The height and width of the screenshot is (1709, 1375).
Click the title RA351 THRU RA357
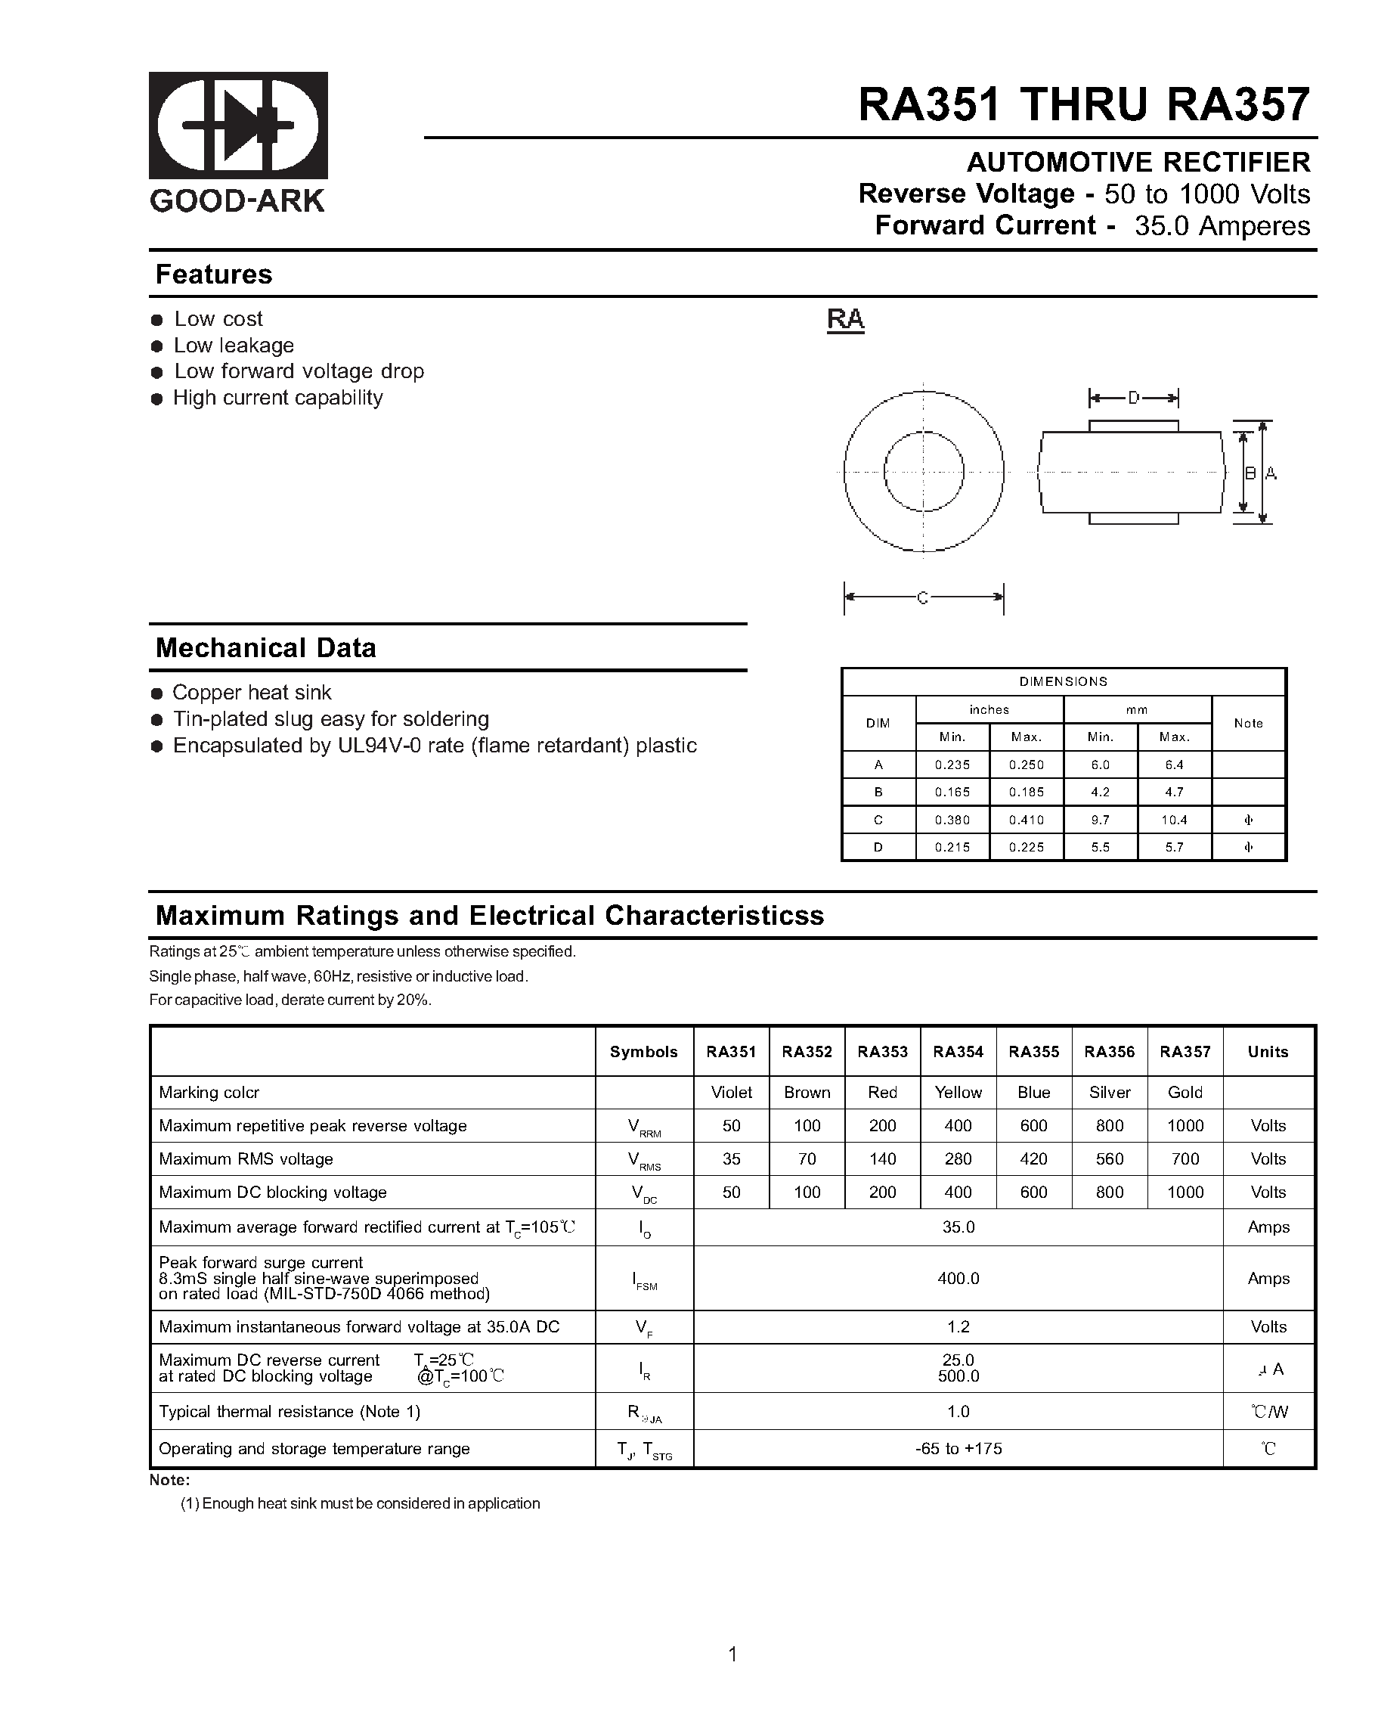[1083, 104]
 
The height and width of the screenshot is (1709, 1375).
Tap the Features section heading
[213, 274]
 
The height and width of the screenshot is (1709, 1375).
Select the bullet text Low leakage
[234, 346]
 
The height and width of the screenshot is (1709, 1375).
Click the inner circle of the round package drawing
[923, 471]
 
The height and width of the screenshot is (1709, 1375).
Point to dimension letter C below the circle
[922, 597]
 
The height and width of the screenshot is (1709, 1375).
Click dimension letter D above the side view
[1133, 398]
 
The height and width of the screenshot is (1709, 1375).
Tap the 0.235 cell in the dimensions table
[952, 765]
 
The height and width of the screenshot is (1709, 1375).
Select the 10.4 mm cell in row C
[1174, 820]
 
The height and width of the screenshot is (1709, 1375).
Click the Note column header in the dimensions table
[1247, 723]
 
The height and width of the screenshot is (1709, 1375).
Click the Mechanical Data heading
[265, 647]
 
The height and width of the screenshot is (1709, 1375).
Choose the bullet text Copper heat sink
[252, 693]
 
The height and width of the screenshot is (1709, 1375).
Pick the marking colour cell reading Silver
[1109, 1092]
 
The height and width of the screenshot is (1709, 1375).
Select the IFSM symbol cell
[643, 1280]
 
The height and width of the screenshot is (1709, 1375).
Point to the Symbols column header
[643, 1052]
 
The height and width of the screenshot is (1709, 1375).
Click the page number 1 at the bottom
[732, 1655]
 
